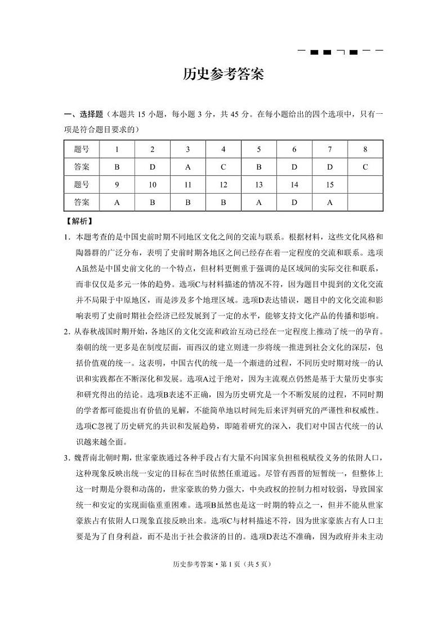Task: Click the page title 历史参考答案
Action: coord(223,75)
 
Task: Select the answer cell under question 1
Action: coord(117,167)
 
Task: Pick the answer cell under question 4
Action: coord(223,167)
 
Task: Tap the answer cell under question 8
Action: coord(365,167)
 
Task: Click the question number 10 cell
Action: coord(152,185)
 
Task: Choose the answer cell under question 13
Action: coord(259,202)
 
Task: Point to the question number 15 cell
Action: coord(330,185)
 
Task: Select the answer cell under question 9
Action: coord(117,202)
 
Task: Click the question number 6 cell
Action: coord(294,149)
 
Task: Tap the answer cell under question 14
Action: coord(294,202)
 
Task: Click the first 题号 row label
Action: coord(82,149)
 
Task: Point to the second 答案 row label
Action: coord(82,202)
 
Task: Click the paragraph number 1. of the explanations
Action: coord(66,237)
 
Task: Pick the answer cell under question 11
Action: coord(188,202)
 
